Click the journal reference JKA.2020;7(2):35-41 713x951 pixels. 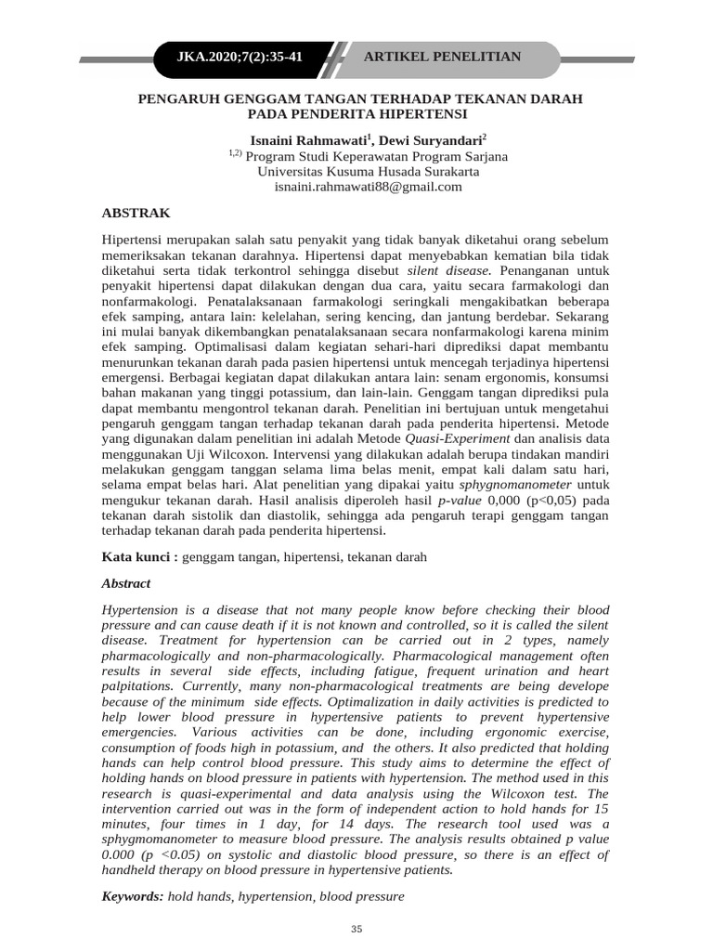pos(240,58)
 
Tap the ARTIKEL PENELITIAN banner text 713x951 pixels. pos(442,58)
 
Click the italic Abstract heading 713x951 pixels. pos(125,584)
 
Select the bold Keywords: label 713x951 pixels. pos(132,897)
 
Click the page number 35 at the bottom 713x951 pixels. pos(356,930)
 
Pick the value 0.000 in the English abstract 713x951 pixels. pos(122,854)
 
